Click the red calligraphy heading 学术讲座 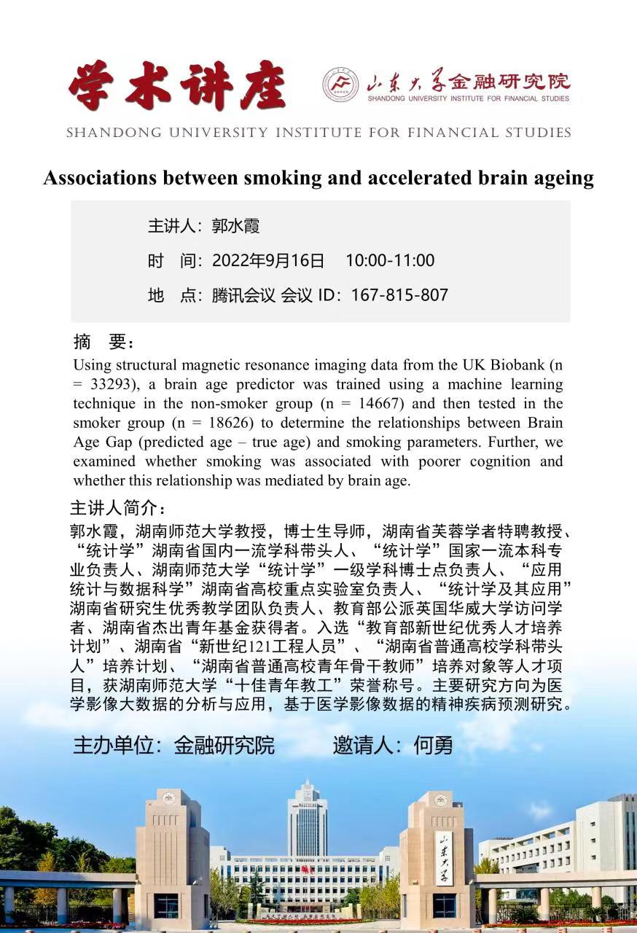click(177, 86)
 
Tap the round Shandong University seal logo click(341, 85)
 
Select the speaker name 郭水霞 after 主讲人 click(235, 226)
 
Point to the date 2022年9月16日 click(268, 261)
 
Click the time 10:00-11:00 click(390, 261)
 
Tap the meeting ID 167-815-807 click(399, 295)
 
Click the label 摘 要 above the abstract click(103, 343)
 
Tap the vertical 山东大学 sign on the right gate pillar click(444, 858)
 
